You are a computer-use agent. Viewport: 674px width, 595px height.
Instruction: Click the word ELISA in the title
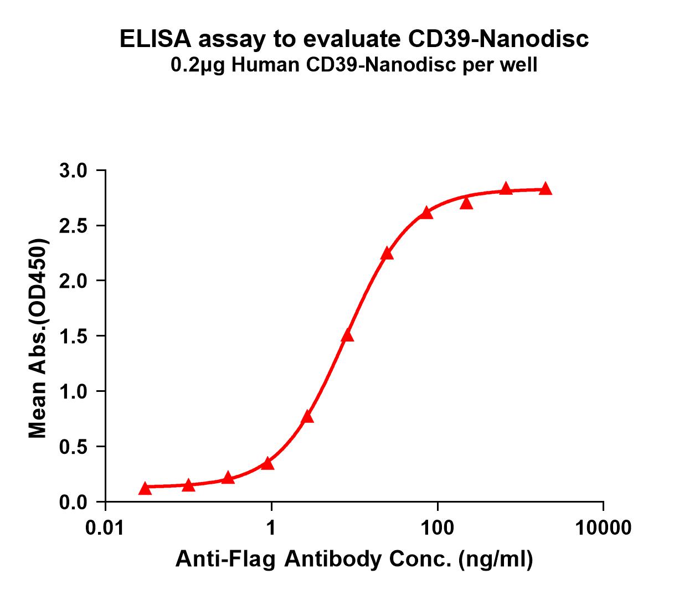pyautogui.click(x=155, y=40)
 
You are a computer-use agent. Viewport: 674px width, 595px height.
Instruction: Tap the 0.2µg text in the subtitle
pyautogui.click(x=198, y=66)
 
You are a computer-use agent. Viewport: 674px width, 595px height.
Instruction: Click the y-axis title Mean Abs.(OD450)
pyautogui.click(x=38, y=339)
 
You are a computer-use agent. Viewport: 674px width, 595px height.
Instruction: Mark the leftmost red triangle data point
pyautogui.click(x=145, y=488)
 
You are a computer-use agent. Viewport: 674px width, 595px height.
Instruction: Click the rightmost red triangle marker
pyautogui.click(x=546, y=189)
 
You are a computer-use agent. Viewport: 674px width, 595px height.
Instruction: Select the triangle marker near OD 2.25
pyautogui.click(x=387, y=253)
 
